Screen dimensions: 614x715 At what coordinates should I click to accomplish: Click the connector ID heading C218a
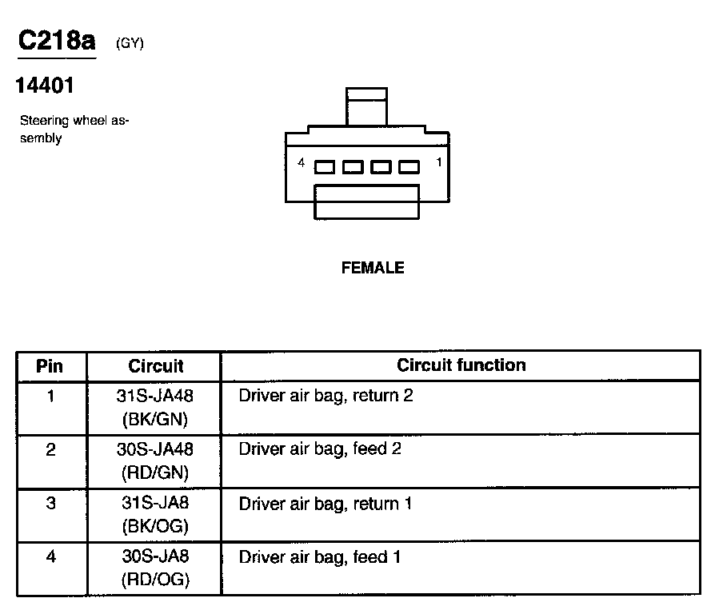(57, 42)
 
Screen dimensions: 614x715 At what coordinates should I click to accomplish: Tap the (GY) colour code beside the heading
(130, 44)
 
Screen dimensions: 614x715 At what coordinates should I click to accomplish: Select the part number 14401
(45, 86)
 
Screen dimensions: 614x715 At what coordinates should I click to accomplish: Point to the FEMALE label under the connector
(373, 269)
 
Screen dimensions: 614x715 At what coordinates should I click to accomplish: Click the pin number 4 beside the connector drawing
(301, 163)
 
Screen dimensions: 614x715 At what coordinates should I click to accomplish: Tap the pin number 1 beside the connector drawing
(438, 163)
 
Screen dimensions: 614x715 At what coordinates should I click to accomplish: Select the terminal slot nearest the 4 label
(325, 167)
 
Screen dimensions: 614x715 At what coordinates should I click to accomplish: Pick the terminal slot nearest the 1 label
(409, 167)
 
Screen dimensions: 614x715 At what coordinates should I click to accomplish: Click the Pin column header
(50, 367)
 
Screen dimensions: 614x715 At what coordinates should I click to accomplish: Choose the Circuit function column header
(461, 365)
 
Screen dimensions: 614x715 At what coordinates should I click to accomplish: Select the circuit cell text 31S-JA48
(155, 396)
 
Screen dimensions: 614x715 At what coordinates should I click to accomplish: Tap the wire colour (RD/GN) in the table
(155, 472)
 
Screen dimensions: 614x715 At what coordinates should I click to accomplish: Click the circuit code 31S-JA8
(155, 504)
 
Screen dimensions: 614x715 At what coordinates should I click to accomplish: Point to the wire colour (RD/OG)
(155, 580)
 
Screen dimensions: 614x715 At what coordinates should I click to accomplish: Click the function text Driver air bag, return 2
(326, 396)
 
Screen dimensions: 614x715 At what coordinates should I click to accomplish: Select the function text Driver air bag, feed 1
(319, 557)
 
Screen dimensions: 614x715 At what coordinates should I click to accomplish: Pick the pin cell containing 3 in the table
(50, 504)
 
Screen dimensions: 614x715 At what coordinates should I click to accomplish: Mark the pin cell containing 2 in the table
(50, 450)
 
